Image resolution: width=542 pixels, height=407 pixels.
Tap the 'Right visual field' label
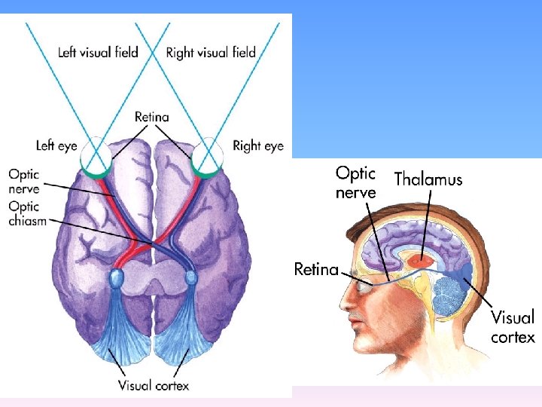(211, 53)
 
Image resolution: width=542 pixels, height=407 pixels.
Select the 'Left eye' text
(56, 145)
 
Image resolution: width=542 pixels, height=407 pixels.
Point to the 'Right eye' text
(258, 145)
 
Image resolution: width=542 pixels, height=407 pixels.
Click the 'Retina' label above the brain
(152, 117)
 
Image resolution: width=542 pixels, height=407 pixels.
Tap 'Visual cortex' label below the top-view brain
(154, 385)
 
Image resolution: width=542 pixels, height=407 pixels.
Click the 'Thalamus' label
(428, 179)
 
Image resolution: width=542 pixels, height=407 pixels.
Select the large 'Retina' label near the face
(315, 269)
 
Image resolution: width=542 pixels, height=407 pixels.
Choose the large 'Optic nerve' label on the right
(355, 182)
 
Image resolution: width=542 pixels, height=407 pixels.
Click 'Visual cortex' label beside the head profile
(513, 326)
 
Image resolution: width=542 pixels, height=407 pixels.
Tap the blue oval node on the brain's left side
(116, 278)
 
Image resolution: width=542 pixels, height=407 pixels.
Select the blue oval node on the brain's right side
(191, 278)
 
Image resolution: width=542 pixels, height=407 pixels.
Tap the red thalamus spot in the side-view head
(423, 260)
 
